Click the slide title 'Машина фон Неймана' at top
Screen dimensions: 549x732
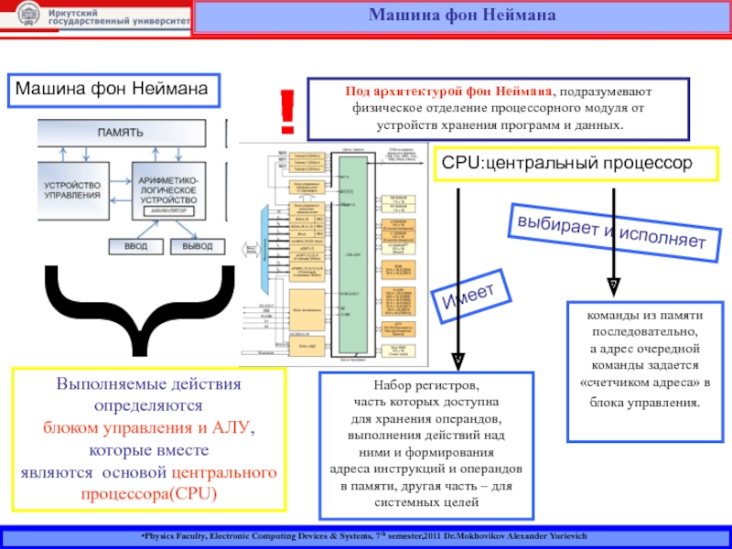tap(461, 15)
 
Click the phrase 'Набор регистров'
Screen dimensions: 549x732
tap(420, 386)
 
